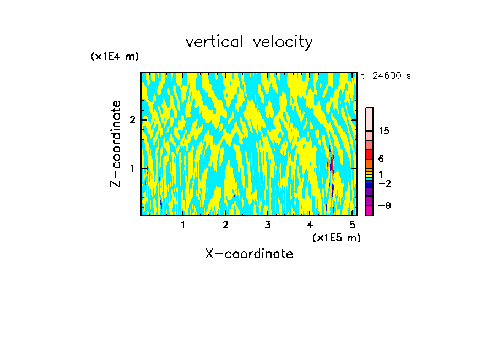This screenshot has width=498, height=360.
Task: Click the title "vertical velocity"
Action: (249, 42)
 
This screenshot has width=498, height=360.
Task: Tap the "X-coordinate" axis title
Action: (249, 254)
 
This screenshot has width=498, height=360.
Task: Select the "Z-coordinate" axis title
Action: (116, 144)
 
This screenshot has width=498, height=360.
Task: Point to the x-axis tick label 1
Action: (183, 225)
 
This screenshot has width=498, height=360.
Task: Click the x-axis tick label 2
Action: (225, 225)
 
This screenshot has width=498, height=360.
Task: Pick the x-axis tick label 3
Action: (268, 225)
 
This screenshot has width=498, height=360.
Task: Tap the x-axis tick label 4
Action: (310, 225)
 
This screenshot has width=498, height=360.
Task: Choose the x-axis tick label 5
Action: (353, 225)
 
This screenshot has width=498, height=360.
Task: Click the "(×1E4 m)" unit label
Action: (115, 57)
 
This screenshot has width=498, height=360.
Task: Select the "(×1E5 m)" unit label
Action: (336, 237)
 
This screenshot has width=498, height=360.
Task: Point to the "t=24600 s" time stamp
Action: (386, 76)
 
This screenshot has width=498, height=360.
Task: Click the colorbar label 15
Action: (384, 131)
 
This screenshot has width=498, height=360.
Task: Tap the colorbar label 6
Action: (381, 159)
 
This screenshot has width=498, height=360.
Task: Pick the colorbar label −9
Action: (384, 205)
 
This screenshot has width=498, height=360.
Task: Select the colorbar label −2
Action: (384, 184)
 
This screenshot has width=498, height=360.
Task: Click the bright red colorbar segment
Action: (369, 154)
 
